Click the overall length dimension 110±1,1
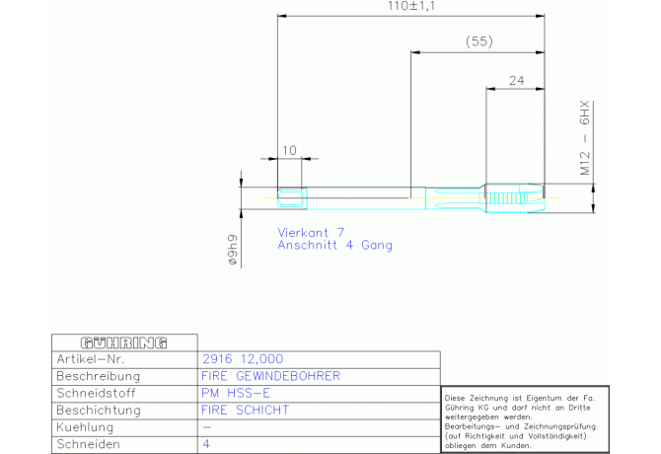411,7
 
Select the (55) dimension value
478,41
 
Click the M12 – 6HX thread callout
584,136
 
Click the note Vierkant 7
311,232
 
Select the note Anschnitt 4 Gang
334,245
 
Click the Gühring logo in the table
123,341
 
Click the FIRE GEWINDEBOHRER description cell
270,376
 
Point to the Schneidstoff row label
100,393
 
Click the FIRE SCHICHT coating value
246,410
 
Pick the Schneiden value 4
206,445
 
